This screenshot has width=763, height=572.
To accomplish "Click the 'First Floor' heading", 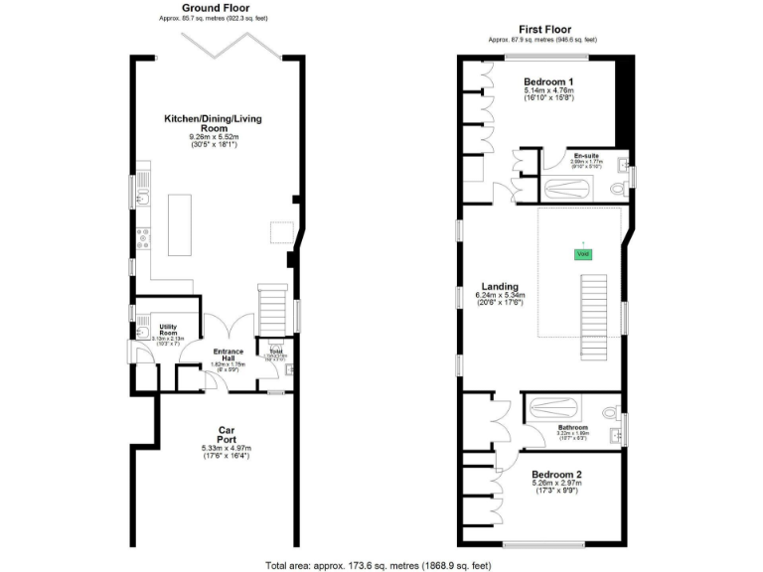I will click(541, 30).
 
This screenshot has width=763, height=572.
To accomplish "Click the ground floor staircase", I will click(272, 309).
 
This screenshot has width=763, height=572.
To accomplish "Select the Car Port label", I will click(228, 435).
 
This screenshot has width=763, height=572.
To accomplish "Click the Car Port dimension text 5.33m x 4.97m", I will click(228, 448).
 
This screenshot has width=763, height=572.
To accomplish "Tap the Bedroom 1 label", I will click(548, 80).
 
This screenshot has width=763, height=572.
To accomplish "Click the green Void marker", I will click(582, 253).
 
